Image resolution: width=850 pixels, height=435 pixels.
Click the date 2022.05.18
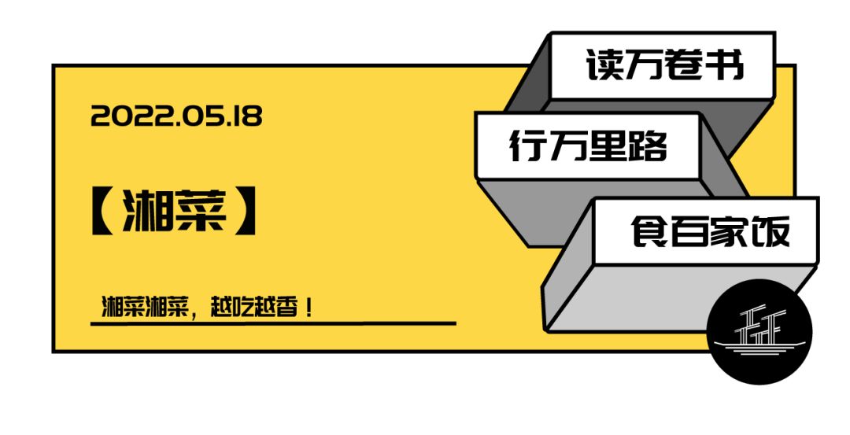coord(176,116)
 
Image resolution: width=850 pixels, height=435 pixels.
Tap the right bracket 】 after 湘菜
coord(245,212)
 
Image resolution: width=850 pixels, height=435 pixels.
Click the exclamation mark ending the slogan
coord(309,308)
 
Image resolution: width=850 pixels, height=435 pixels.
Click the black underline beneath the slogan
coord(273,323)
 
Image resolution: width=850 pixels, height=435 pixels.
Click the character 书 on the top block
coord(726,65)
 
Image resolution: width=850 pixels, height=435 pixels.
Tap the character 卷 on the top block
coord(686,65)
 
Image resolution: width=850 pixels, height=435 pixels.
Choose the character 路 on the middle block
coord(648,146)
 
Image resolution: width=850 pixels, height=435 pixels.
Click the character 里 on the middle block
coord(608,146)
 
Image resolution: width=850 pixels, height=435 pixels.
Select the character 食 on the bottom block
coord(649,231)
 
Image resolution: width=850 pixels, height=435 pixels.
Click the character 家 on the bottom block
coord(730,231)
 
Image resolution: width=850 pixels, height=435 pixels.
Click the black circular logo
coord(759,332)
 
